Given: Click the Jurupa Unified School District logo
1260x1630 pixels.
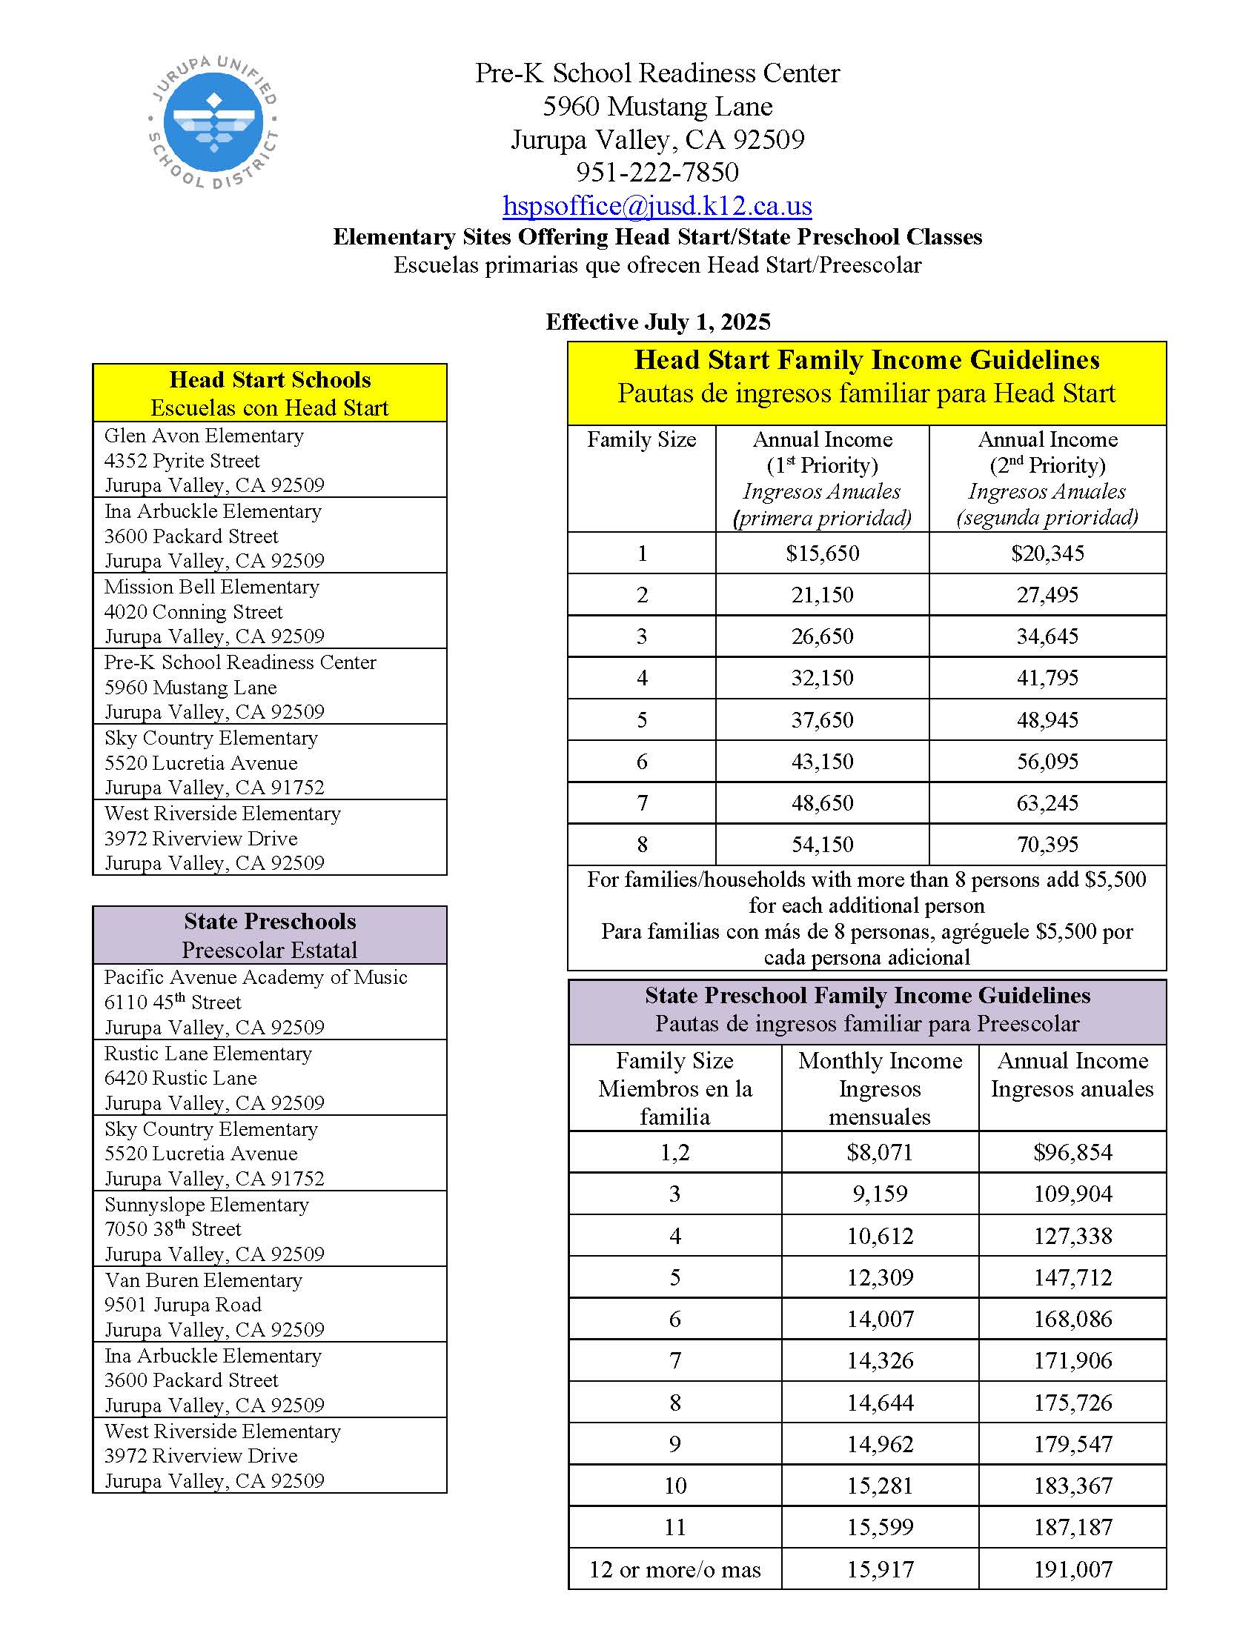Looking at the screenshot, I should coord(213,122).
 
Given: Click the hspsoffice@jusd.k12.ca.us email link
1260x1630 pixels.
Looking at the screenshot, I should coord(657,205).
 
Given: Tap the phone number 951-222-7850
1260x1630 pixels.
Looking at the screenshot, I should coord(657,173).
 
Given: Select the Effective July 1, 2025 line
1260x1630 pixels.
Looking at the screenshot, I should coord(657,322).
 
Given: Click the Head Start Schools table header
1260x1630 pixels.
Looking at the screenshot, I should coord(270,393).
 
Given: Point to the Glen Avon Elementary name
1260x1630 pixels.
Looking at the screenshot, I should coord(204,436).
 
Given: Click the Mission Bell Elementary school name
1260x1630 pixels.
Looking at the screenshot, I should coord(211,587).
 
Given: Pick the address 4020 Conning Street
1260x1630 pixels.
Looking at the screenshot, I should coord(193,612).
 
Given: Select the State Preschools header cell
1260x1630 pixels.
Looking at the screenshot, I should coord(270,935).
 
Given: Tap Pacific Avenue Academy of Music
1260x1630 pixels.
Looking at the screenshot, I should coord(255,978).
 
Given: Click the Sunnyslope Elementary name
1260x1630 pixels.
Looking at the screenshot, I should coord(207,1205).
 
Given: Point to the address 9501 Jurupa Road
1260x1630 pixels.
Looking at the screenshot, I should coord(183,1305).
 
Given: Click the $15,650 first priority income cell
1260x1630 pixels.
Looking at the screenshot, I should coord(822,553).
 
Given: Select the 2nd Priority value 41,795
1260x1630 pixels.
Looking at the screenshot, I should coord(1047,678).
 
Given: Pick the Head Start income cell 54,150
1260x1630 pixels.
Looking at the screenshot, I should coord(822,844).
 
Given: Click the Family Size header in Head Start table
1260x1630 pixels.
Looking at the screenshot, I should coord(641,440).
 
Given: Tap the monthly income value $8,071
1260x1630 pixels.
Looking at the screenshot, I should coord(879,1152).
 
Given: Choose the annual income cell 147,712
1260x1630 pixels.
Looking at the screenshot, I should coord(1072,1277).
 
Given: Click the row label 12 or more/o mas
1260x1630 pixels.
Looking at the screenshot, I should coord(674,1569).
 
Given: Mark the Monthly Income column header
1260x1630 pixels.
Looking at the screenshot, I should coord(880,1088).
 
